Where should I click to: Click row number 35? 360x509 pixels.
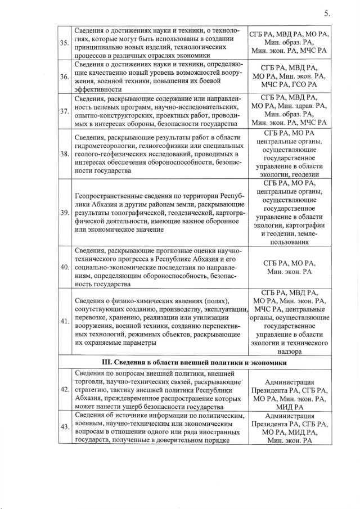tap(65, 42)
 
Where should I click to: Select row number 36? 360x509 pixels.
tap(65, 76)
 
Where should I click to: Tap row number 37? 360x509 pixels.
tap(65, 110)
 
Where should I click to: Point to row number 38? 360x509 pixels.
tap(65, 154)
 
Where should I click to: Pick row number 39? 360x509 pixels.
tap(65, 212)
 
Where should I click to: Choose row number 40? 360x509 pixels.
tap(65, 267)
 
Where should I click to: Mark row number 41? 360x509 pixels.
tap(65, 321)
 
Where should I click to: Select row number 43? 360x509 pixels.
tap(65, 428)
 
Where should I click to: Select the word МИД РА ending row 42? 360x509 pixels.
tap(290, 407)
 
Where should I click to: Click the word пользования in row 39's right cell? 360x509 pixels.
tap(290, 242)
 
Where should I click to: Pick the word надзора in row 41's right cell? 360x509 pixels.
tap(290, 352)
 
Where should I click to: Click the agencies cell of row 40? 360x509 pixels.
tap(290, 267)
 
